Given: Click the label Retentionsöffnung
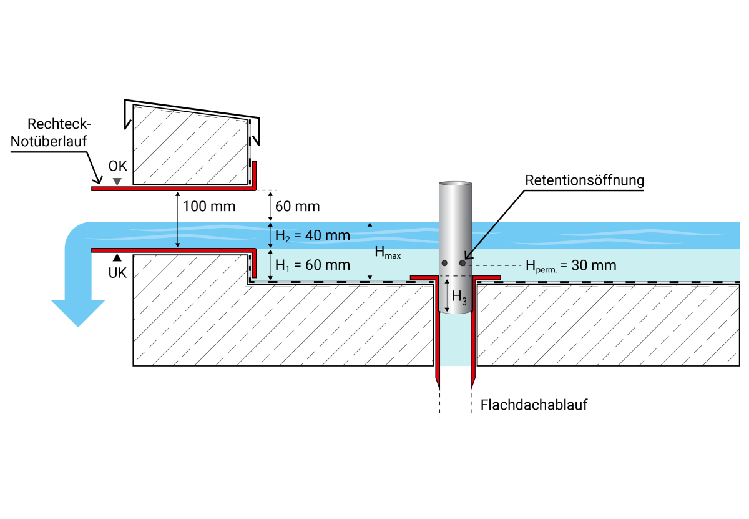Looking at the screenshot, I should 584,181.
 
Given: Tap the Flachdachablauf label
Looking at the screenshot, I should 534,405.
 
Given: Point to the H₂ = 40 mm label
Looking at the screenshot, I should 313,235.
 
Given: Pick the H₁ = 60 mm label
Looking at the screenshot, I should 313,264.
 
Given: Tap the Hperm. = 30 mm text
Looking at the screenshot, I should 571,265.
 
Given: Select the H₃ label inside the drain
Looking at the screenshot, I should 459,297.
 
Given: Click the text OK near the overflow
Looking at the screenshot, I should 117,166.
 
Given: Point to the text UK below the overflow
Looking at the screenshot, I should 117,273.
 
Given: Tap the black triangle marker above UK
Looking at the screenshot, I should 117,257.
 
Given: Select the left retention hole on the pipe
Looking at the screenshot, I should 444,263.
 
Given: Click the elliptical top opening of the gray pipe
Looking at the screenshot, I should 455,185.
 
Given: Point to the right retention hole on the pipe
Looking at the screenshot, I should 463,263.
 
